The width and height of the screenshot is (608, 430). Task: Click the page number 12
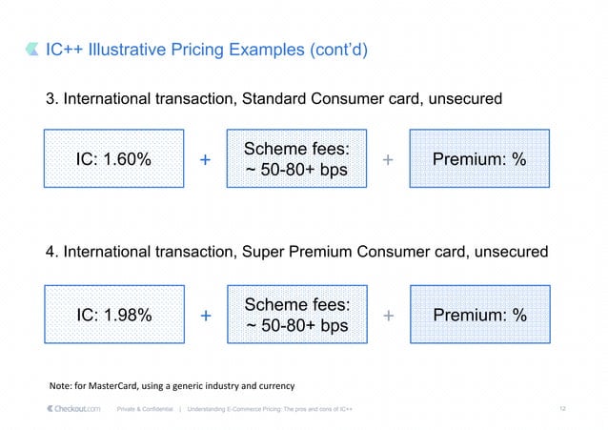[x=563, y=409]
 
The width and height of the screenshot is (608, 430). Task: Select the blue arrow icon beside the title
[x=34, y=50]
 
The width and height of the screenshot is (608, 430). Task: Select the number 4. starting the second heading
[x=54, y=253]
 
